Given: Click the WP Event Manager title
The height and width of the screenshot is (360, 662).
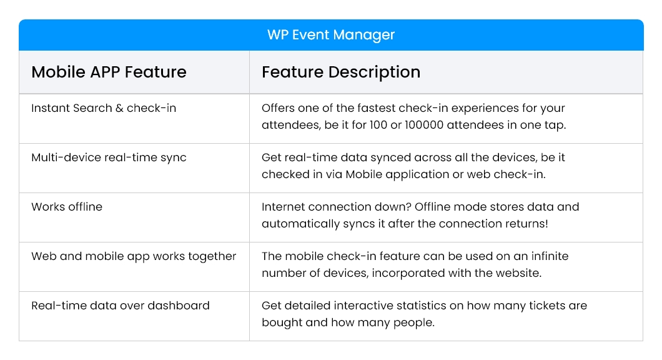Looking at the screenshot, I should (x=331, y=35).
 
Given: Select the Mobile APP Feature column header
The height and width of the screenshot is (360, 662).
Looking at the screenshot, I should (x=109, y=72).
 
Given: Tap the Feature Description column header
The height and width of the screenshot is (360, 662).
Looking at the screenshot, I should (x=340, y=72).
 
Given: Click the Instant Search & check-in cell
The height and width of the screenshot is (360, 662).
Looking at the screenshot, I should (x=104, y=108).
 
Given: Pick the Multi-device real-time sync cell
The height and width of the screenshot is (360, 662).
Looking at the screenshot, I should (x=109, y=157).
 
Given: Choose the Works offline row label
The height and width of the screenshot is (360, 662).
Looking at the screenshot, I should (x=67, y=207).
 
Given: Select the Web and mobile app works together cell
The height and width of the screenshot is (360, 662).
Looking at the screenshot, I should (x=134, y=256).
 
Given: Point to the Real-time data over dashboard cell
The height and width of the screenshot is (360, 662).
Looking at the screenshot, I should (x=121, y=306).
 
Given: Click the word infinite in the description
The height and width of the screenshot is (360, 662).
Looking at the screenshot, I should (x=549, y=256).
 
